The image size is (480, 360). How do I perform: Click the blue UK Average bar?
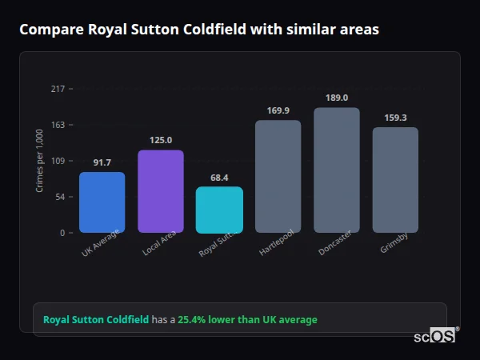102,202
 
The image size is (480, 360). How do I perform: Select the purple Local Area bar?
161,191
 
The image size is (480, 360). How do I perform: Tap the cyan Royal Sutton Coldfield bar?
219,210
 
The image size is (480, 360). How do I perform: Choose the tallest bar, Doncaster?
337,170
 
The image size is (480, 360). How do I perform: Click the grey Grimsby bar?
395,180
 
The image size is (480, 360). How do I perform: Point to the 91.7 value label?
102,162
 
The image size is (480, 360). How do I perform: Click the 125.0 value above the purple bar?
161,140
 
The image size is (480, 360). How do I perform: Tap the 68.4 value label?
219,178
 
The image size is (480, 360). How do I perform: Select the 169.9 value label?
278,110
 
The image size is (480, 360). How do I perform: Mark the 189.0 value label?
337,98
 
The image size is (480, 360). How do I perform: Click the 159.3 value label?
395,118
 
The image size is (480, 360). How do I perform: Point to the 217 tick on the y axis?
58,89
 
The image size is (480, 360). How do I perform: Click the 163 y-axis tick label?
58,125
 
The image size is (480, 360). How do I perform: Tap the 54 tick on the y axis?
60,197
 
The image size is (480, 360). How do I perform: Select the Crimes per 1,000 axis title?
40,161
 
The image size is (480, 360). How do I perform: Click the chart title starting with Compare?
199,30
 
